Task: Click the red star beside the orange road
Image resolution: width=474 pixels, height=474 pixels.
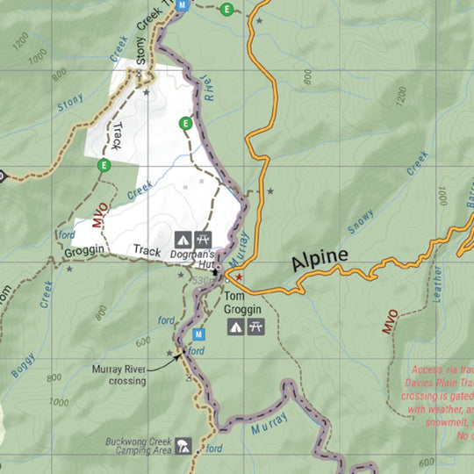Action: click(238, 277)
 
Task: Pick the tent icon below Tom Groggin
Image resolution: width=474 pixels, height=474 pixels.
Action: click(235, 327)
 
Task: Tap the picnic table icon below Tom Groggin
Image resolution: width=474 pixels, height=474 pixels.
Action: click(256, 327)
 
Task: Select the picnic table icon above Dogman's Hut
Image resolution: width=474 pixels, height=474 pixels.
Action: click(204, 238)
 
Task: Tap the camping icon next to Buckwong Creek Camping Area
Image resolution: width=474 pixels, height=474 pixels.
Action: click(183, 445)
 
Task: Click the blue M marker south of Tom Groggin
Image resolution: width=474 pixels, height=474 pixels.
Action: click(198, 334)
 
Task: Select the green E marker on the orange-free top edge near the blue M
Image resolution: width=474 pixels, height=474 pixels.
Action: click(227, 10)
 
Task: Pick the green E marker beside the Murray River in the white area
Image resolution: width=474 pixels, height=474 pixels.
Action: click(185, 123)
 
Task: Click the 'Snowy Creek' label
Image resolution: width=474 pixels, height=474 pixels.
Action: click(387, 193)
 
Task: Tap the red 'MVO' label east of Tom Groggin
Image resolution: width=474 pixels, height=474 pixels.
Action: click(390, 321)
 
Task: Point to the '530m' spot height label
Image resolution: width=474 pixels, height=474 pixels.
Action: click(200, 280)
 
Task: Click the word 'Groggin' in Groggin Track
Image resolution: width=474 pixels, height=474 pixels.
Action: click(85, 251)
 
